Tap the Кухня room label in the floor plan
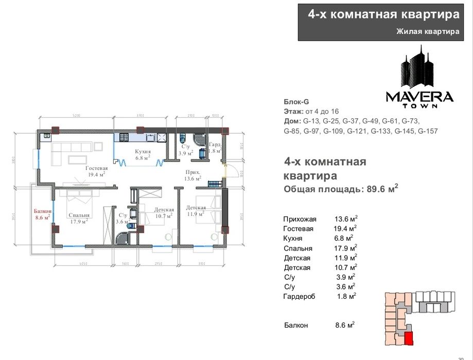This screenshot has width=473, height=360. (x=143, y=152)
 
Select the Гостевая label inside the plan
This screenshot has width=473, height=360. (x=96, y=168)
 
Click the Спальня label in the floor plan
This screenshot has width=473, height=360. (x=79, y=215)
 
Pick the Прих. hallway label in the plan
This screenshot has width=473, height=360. (x=192, y=173)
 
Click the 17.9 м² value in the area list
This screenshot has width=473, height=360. (x=345, y=248)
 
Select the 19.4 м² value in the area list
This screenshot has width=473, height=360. (x=345, y=229)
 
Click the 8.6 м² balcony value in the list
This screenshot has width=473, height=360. (x=345, y=326)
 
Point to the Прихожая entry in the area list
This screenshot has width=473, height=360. (x=300, y=219)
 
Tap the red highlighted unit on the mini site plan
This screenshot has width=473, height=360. (x=408, y=339)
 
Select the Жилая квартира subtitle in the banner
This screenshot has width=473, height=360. (x=427, y=32)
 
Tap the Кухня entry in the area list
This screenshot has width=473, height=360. (x=293, y=239)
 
